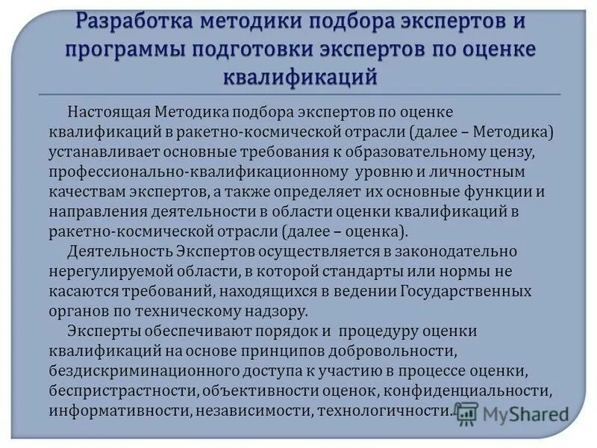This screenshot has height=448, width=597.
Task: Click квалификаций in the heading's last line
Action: click(x=298, y=77)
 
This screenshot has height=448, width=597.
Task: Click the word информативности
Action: click(x=101, y=409)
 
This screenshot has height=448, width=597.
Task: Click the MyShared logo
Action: click(x=511, y=413)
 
